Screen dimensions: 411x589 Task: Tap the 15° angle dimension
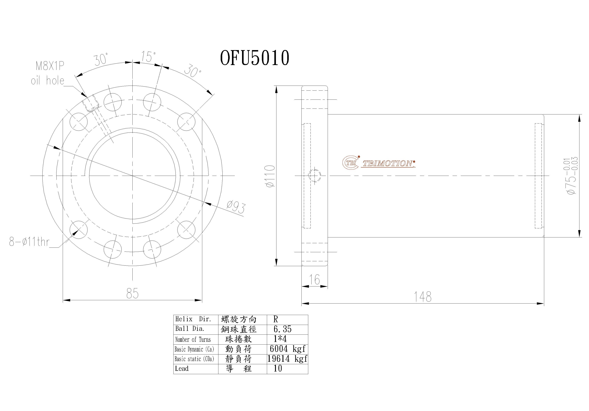148,57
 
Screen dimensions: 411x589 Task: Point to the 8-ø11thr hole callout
29,242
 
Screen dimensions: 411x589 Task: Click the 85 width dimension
132,294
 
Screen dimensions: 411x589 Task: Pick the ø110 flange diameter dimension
270,176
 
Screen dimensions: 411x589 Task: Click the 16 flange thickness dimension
314,280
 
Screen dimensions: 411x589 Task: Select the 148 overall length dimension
423,297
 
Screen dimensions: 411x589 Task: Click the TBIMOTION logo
379,163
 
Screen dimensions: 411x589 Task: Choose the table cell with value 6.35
283,329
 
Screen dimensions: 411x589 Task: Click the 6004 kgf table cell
287,349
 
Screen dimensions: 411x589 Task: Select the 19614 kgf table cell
287,359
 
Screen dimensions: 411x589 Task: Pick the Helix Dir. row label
193,319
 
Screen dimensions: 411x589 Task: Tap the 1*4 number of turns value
280,339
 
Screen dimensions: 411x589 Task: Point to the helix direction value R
276,319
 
